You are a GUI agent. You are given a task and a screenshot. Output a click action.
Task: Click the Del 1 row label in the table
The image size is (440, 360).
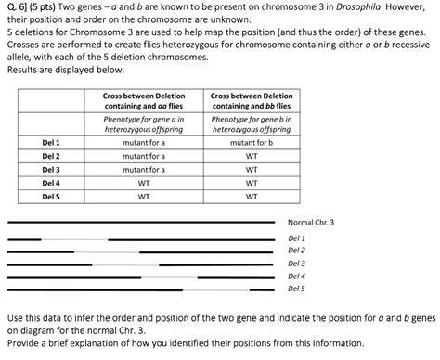click(x=51, y=143)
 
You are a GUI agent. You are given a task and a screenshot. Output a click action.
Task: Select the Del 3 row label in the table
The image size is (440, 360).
click(x=51, y=170)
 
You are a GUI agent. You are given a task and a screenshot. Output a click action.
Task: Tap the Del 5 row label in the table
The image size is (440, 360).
click(x=51, y=197)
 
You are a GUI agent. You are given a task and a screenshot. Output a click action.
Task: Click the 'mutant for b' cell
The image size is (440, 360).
click(x=251, y=143)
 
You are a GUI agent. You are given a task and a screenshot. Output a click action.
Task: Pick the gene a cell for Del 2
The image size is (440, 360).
click(x=144, y=157)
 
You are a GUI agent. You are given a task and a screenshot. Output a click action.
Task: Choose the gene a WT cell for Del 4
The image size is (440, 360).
click(x=144, y=184)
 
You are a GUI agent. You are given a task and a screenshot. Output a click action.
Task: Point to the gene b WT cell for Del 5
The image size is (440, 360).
click(x=251, y=197)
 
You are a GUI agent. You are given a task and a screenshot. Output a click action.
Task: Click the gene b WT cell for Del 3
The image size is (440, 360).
click(x=251, y=170)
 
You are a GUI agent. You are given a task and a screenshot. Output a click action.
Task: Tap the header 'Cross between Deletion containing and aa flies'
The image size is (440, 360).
click(x=144, y=102)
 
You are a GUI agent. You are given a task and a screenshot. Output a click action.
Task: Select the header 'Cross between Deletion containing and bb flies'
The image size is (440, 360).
click(x=251, y=102)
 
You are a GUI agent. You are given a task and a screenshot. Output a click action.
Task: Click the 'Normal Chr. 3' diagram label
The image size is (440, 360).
click(x=310, y=223)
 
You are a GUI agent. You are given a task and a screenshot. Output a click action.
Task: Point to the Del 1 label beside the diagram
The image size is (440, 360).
click(x=296, y=238)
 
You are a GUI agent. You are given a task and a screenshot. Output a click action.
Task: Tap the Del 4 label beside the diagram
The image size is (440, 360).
click(x=296, y=276)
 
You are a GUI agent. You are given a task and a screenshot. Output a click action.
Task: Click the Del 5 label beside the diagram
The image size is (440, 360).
click(x=296, y=289)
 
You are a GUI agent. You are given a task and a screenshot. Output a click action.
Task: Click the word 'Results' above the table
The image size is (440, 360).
click(x=23, y=69)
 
